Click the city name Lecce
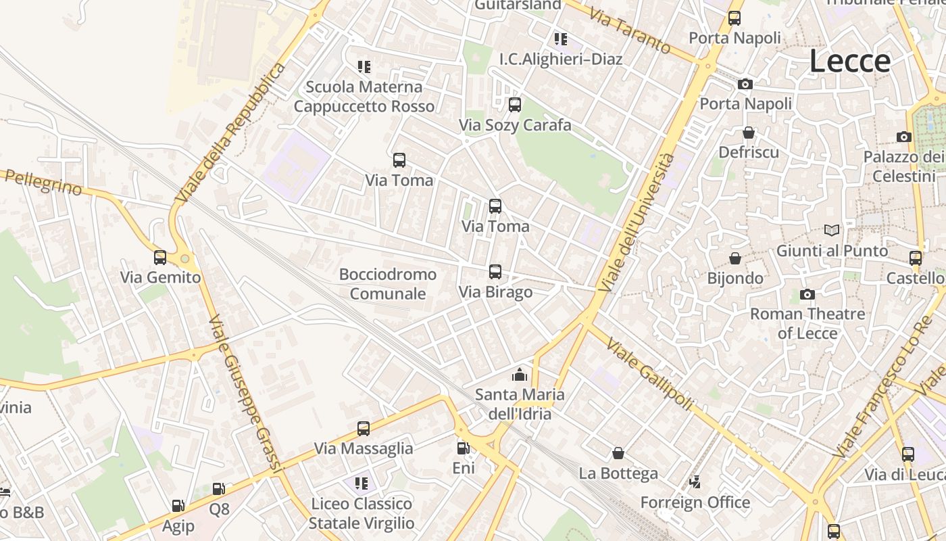pos(849,62)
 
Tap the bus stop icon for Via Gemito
pos(160,258)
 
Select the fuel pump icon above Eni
pos(463,448)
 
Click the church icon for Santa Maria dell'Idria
pos(520,374)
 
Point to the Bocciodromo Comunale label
pos(388,284)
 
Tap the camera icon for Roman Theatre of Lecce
pos(807,294)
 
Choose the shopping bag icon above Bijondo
pos(735,258)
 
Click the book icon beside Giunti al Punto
pos(832,231)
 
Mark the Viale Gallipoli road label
pos(649,373)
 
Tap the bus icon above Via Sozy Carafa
pos(515,105)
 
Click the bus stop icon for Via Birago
pos(495,272)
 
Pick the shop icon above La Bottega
pos(618,453)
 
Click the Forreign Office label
pos(695,502)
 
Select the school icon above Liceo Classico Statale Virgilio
pos(362,484)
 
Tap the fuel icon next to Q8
pos(218,489)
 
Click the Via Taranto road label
pos(628,31)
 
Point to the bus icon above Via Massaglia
pos(364,429)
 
